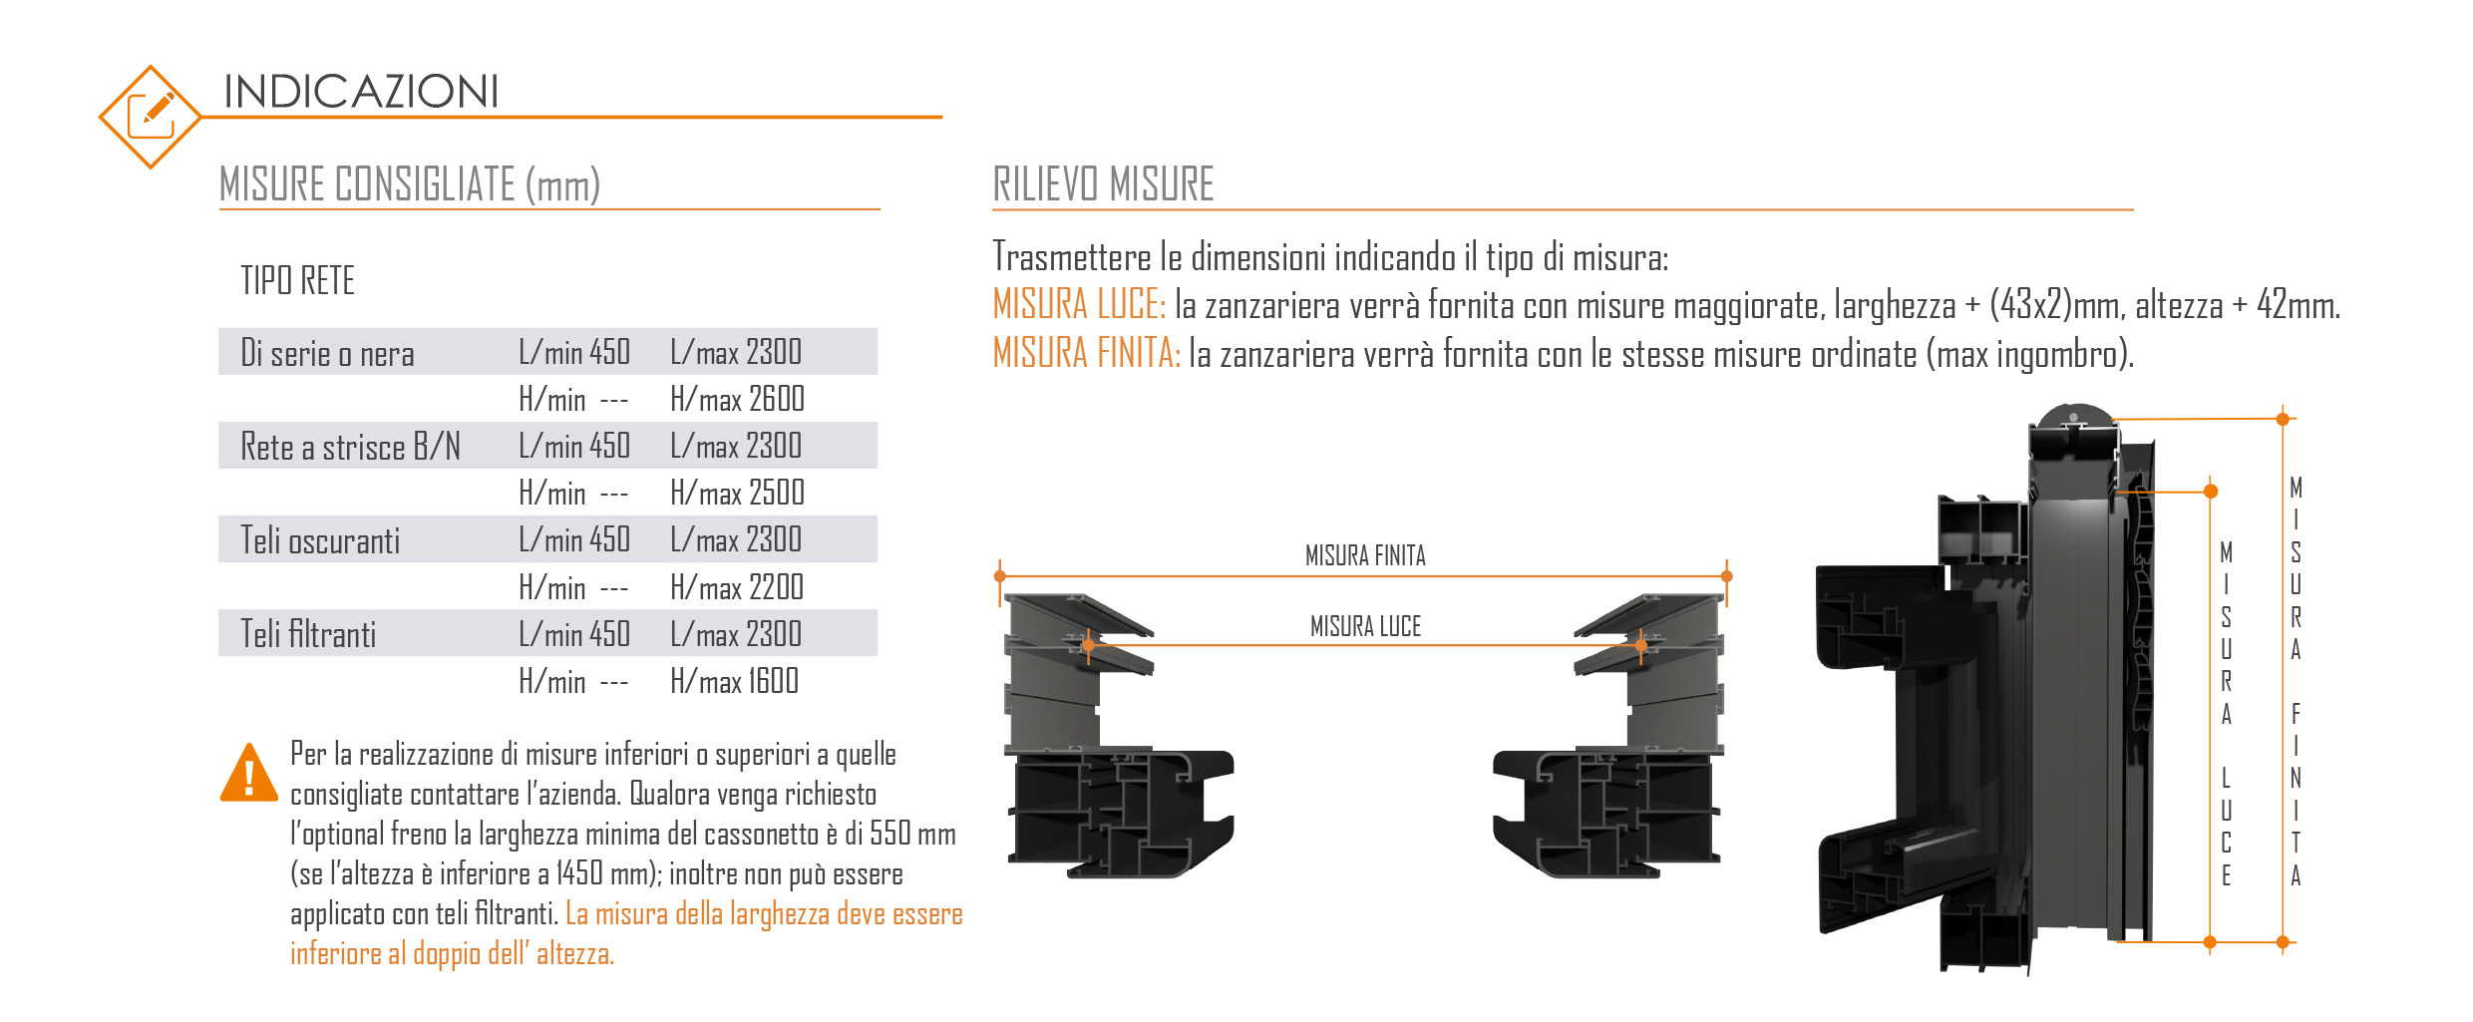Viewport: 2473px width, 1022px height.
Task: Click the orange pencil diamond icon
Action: pyautogui.click(x=151, y=117)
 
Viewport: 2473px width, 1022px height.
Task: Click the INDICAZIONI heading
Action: pyautogui.click(x=361, y=92)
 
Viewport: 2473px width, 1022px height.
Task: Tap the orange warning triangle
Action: pyautogui.click(x=249, y=773)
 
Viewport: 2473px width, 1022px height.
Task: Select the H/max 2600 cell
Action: pyautogui.click(x=737, y=399)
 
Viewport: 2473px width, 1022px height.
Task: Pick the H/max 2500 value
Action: pyautogui.click(x=737, y=493)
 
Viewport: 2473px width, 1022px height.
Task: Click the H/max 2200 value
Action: pyautogui.click(x=737, y=587)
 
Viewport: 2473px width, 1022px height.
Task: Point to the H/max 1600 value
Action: pyautogui.click(x=735, y=681)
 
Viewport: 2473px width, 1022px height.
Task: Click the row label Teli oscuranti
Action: pyautogui.click(x=320, y=540)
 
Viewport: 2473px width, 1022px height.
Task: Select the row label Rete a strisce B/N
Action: pyautogui.click(x=351, y=447)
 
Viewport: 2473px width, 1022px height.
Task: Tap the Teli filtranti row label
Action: pyautogui.click(x=308, y=634)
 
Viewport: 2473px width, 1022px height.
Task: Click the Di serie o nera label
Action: pyautogui.click(x=327, y=353)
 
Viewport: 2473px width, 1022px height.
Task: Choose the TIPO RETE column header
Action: pyautogui.click(x=297, y=280)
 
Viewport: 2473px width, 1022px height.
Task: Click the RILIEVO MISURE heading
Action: pyautogui.click(x=1103, y=184)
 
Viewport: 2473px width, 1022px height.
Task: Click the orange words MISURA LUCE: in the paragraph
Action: pyautogui.click(x=1079, y=305)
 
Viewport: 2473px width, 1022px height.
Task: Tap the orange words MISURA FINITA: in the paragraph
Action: pyautogui.click(x=1087, y=353)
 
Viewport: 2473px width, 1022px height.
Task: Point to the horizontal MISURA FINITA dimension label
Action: pyautogui.click(x=1365, y=555)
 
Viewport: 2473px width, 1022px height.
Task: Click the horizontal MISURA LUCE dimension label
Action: pyautogui.click(x=1365, y=626)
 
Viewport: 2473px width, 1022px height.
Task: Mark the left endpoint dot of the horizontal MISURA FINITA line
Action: pyautogui.click(x=1000, y=576)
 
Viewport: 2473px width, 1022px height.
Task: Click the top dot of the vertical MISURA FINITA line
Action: pyautogui.click(x=2283, y=419)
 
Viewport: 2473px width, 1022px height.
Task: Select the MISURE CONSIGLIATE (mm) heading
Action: pyautogui.click(x=410, y=184)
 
